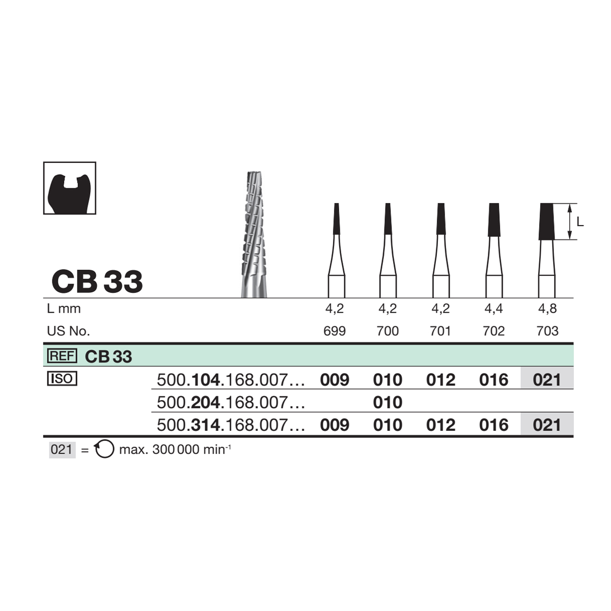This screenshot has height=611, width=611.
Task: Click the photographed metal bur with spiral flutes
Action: click(x=254, y=235)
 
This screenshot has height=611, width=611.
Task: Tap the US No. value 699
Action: click(x=335, y=331)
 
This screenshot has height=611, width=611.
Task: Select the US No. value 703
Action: click(x=547, y=331)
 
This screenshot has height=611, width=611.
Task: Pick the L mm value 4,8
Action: click(x=547, y=309)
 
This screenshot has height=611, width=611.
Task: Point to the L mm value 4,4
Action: click(x=494, y=309)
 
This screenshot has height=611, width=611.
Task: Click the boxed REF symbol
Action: click(x=62, y=356)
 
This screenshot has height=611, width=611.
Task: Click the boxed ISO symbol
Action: click(x=62, y=379)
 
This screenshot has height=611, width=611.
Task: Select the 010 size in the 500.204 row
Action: click(x=387, y=402)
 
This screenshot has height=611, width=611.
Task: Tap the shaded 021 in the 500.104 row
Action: click(x=547, y=379)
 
